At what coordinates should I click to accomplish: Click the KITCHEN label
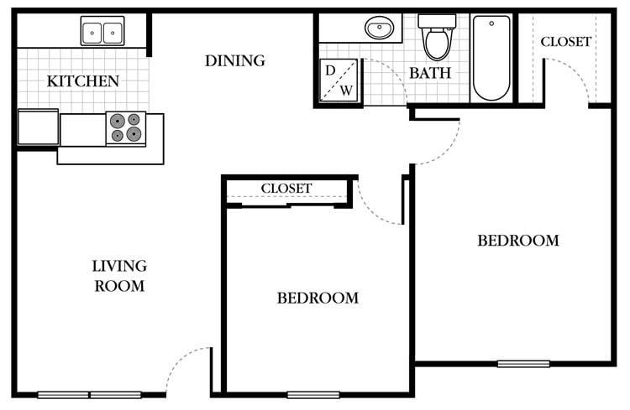[82, 81]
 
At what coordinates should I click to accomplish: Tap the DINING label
[235, 60]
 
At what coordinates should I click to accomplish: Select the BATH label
[430, 73]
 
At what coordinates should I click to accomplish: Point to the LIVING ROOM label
[119, 276]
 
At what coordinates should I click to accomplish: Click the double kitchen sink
[102, 32]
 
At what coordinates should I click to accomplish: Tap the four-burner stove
[125, 127]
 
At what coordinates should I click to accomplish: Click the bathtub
[491, 56]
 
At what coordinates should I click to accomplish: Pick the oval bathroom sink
[380, 29]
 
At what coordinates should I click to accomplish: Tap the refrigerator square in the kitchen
[38, 127]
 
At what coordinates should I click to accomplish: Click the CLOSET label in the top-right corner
[565, 41]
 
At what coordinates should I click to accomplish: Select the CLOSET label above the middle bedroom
[286, 189]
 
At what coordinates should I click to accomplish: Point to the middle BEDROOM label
[318, 298]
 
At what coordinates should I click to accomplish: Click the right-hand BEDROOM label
[518, 241]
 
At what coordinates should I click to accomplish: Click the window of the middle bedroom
[313, 394]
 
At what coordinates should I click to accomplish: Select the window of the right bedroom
[523, 364]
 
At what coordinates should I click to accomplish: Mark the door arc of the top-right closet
[571, 75]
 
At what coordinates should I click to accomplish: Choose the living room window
[89, 394]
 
